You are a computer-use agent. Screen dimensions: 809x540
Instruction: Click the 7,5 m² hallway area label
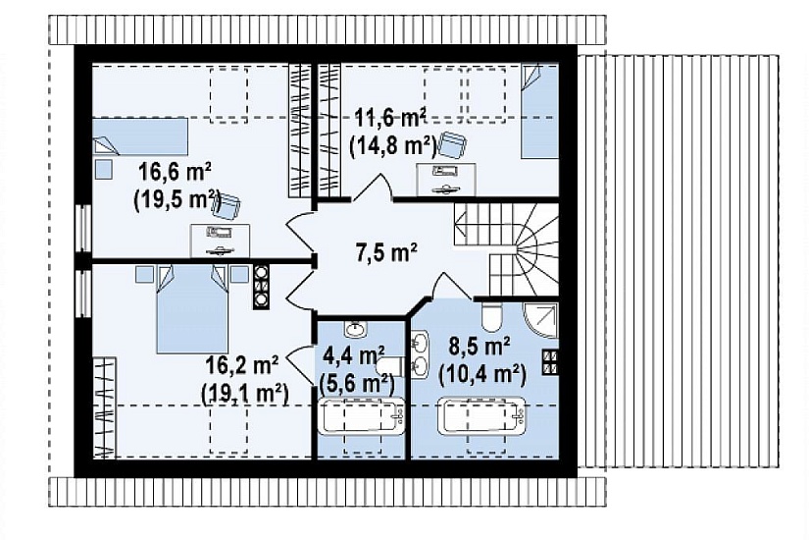(386, 252)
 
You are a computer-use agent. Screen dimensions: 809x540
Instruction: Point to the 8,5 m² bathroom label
(480, 347)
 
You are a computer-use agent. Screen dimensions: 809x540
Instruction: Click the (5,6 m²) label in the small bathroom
(357, 383)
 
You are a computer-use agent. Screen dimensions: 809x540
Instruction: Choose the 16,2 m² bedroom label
(242, 365)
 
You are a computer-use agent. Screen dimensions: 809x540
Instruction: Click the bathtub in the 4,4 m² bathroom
(361, 415)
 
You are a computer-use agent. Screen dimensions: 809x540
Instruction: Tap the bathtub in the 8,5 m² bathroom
(481, 415)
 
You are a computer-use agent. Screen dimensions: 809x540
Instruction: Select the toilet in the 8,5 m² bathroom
(491, 316)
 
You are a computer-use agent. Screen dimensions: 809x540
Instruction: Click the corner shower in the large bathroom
(541, 320)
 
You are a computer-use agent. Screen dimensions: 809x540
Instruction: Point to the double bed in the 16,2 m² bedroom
(192, 309)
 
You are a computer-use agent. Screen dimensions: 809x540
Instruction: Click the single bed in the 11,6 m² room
(539, 111)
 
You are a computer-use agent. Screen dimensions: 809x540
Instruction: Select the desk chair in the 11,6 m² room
(451, 145)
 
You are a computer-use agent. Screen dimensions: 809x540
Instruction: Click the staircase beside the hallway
(506, 249)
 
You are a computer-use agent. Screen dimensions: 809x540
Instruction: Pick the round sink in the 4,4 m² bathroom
(354, 328)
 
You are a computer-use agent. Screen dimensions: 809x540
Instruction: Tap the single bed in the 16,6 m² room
(140, 136)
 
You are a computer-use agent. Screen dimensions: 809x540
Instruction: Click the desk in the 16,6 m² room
(221, 241)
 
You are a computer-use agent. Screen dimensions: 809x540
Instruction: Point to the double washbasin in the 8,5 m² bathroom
(420, 352)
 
